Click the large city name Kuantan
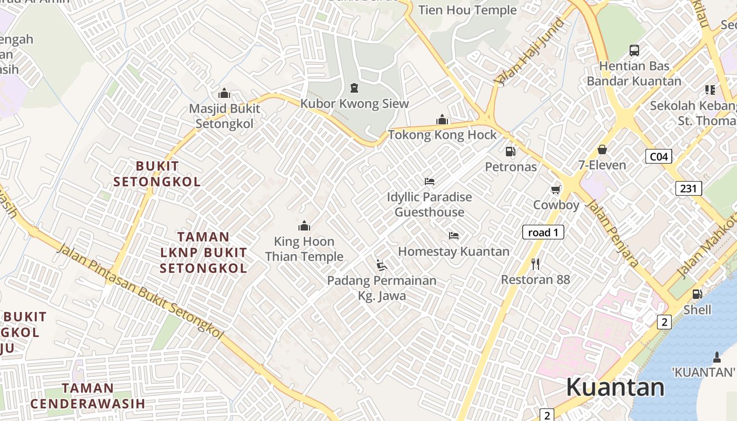tap(615, 387)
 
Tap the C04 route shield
tap(659, 156)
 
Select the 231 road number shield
tap(689, 188)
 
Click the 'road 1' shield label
tap(543, 232)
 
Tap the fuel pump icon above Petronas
tap(510, 152)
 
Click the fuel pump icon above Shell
tap(697, 294)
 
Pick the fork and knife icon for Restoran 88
tap(535, 264)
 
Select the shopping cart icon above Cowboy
tap(556, 189)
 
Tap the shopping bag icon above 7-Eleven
tap(602, 150)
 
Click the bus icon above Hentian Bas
tap(634, 51)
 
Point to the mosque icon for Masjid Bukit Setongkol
tap(224, 94)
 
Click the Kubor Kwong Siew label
tap(354, 103)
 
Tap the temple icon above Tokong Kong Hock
tap(442, 120)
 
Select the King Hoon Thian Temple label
tap(304, 249)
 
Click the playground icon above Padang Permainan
tap(382, 265)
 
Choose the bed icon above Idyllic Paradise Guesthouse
tap(430, 182)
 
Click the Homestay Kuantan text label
tap(454, 252)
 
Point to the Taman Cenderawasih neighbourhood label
tap(87, 396)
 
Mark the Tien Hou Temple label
tap(467, 10)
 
